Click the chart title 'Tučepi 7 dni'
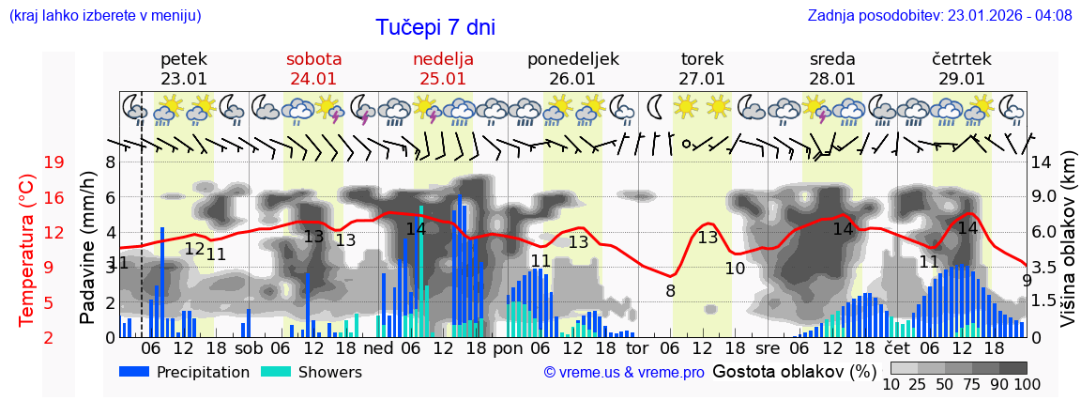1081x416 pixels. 435,27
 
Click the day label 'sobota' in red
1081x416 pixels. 313,59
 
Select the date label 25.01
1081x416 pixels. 443,79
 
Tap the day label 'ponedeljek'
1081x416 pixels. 572,59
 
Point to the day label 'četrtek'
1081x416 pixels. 962,59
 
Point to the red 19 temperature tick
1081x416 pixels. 53,162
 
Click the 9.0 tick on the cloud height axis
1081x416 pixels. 1044,197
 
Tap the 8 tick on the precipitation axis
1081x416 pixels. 110,162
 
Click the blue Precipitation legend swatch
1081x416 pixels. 134,372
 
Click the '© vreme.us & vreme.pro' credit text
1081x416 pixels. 624,373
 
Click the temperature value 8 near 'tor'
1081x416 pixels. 670,291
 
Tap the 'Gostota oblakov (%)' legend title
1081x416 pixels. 793,371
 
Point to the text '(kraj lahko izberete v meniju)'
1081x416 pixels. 105,16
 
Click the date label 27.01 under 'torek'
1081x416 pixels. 702,79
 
